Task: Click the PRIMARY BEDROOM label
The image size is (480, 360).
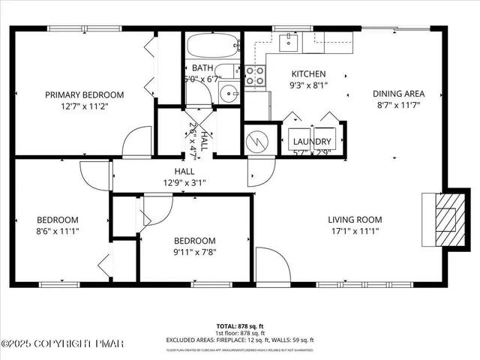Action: pyautogui.click(x=84, y=94)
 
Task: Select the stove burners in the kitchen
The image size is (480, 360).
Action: pyautogui.click(x=255, y=75)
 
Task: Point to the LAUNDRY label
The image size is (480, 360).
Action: pyautogui.click(x=313, y=142)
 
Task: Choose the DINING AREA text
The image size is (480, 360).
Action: pyautogui.click(x=399, y=94)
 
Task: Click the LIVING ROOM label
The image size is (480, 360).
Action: pyautogui.click(x=355, y=220)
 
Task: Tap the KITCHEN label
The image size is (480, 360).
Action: pyautogui.click(x=308, y=74)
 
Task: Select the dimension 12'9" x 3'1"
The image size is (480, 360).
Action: pyautogui.click(x=180, y=182)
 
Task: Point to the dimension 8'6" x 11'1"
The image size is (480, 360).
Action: pyautogui.click(x=58, y=231)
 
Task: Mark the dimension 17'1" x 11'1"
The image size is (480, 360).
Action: pyautogui.click(x=355, y=231)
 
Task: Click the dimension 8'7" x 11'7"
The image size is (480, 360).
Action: pyautogui.click(x=399, y=106)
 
